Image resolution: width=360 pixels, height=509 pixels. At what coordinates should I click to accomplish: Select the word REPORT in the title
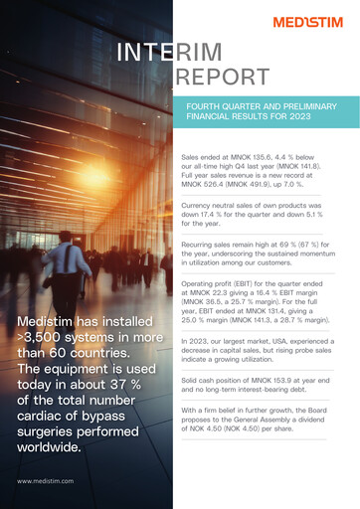(x=215, y=79)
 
